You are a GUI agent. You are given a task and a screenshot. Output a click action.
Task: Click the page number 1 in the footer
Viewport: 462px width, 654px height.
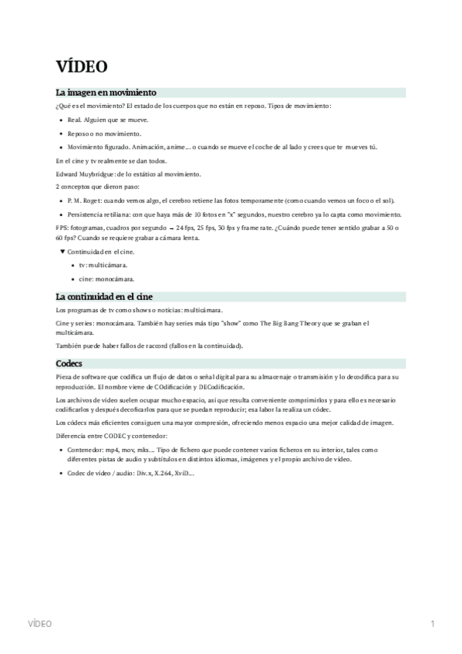pyautogui.click(x=433, y=623)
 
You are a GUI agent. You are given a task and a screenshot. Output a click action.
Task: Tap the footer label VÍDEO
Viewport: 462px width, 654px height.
pyautogui.click(x=39, y=623)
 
